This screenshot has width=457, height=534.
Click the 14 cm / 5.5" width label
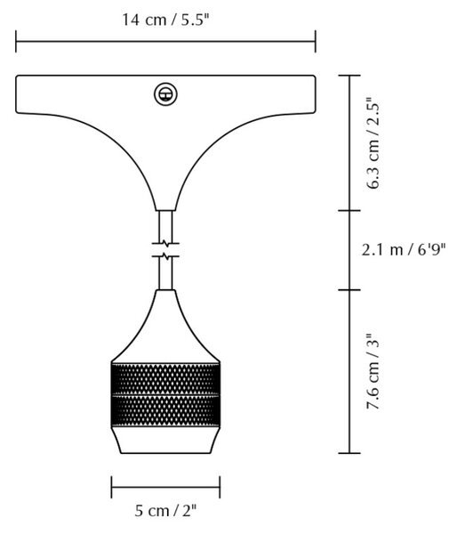pyautogui.click(x=164, y=20)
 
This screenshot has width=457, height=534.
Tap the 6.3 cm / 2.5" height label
pyautogui.click(x=373, y=143)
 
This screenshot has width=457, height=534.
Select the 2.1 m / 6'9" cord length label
pyautogui.click(x=404, y=250)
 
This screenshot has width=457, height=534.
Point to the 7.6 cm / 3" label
pyautogui.click(x=373, y=370)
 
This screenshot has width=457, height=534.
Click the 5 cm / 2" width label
pyautogui.click(x=165, y=511)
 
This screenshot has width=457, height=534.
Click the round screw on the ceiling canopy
pyautogui.click(x=165, y=94)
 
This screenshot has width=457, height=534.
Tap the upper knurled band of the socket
pyautogui.click(x=165, y=379)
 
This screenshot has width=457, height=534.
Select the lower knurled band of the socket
pyautogui.click(x=165, y=410)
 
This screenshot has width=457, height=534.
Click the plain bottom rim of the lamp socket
pyautogui.click(x=165, y=440)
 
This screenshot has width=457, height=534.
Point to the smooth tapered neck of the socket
pyautogui.click(x=165, y=327)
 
